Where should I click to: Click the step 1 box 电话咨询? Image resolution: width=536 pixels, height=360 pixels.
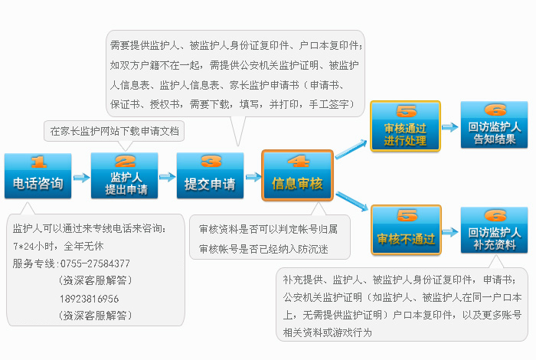pyautogui.click(x=38, y=175)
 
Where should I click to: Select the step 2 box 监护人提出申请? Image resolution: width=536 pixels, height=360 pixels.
pyautogui.click(x=124, y=175)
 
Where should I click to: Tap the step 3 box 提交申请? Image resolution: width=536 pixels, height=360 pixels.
pyautogui.click(x=211, y=175)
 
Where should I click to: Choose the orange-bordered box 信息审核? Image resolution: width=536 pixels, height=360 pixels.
pyautogui.click(x=297, y=175)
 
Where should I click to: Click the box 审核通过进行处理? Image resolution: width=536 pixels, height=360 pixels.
pyautogui.click(x=405, y=126)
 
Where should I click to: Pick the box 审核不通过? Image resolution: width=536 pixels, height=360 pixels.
pyautogui.click(x=406, y=230)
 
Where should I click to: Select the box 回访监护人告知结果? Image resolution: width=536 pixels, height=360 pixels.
pyautogui.click(x=495, y=125)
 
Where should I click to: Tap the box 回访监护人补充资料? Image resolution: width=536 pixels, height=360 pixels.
pyautogui.click(x=495, y=230)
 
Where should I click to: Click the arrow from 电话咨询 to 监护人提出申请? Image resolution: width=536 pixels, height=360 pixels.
pyautogui.click(x=81, y=178)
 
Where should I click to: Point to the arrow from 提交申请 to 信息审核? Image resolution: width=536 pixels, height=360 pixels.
pyautogui.click(x=253, y=177)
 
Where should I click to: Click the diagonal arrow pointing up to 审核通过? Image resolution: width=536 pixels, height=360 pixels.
pyautogui.click(x=351, y=149)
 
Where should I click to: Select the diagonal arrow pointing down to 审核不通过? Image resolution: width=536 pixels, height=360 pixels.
pyautogui.click(x=351, y=201)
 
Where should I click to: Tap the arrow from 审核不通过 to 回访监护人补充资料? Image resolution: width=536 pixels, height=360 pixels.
pyautogui.click(x=450, y=232)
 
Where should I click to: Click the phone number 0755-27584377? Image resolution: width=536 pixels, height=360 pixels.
pyautogui.click(x=95, y=263)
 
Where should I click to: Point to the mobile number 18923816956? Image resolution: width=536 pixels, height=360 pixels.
pyautogui.click(x=90, y=299)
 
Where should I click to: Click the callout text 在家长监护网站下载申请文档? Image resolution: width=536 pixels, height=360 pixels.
pyautogui.click(x=114, y=131)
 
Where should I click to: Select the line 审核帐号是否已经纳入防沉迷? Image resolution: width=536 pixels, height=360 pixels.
pyautogui.click(x=263, y=249)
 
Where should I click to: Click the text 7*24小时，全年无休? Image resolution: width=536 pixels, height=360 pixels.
pyautogui.click(x=58, y=246)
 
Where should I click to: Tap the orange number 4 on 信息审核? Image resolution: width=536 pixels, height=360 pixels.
pyautogui.click(x=298, y=161)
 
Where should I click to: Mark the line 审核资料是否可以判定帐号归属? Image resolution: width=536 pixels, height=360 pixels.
pyautogui.click(x=268, y=229)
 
